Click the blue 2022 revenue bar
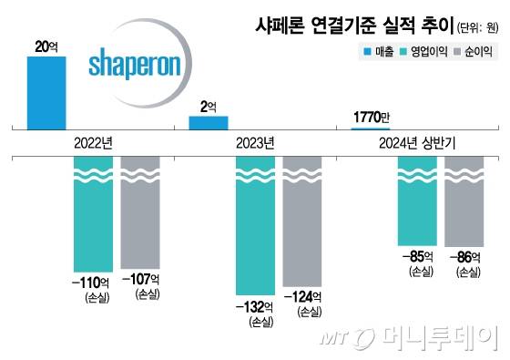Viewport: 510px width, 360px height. [46, 94]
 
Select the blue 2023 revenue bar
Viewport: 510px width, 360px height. [209, 122]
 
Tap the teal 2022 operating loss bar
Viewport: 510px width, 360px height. [93, 213]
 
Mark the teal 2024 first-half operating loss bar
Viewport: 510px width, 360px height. [418, 201]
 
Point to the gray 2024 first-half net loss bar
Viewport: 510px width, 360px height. [464, 201]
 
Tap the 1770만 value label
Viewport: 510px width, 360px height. [371, 116]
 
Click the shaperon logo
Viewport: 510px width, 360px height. [138, 66]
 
